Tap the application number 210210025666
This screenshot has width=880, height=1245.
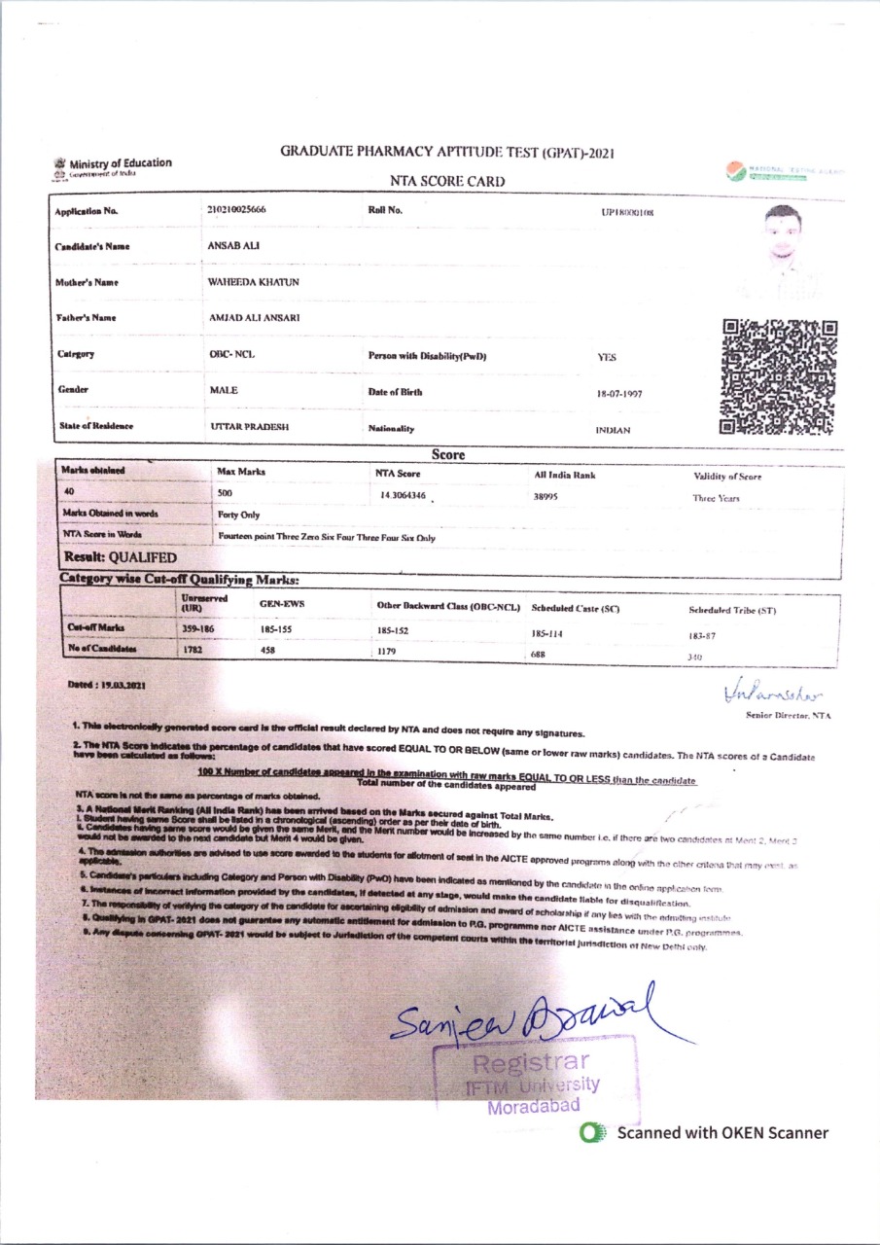(236, 210)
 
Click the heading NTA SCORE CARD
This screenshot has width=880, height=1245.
(447, 181)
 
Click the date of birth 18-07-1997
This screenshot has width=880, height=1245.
(619, 394)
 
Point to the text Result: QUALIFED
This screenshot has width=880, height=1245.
(120, 557)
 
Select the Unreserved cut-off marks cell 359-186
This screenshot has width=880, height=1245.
(197, 629)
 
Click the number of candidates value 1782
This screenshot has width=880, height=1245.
(193, 649)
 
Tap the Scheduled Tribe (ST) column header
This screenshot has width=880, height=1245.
(731, 610)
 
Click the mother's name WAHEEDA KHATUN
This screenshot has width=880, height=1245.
(253, 282)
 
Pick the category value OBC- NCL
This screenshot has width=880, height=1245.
(231, 354)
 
